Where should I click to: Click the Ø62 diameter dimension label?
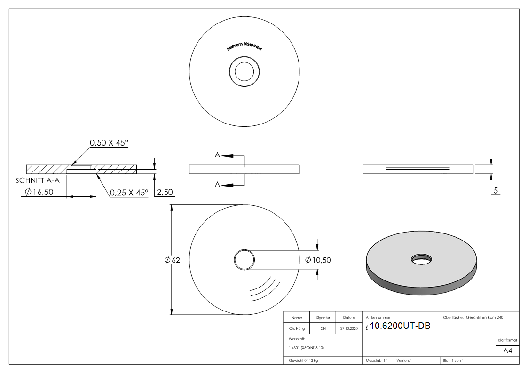[x=173, y=260]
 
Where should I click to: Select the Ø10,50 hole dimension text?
[x=318, y=260]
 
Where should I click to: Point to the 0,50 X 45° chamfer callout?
[x=109, y=143]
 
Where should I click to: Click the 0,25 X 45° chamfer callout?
[x=129, y=193]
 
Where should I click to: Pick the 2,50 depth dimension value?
[x=165, y=193]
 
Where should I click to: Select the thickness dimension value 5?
[x=496, y=191]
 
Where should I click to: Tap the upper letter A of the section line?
[x=217, y=155]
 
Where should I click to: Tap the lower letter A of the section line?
[x=217, y=185]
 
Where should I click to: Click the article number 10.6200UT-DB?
[x=400, y=327]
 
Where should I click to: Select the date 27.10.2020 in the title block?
[x=349, y=329]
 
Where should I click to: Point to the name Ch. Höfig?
[x=297, y=329]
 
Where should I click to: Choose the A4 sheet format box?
[x=507, y=351]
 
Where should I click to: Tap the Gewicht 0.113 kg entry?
[x=303, y=361]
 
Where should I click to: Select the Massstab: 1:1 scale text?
[x=377, y=361]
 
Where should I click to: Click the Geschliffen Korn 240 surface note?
[x=485, y=318]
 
